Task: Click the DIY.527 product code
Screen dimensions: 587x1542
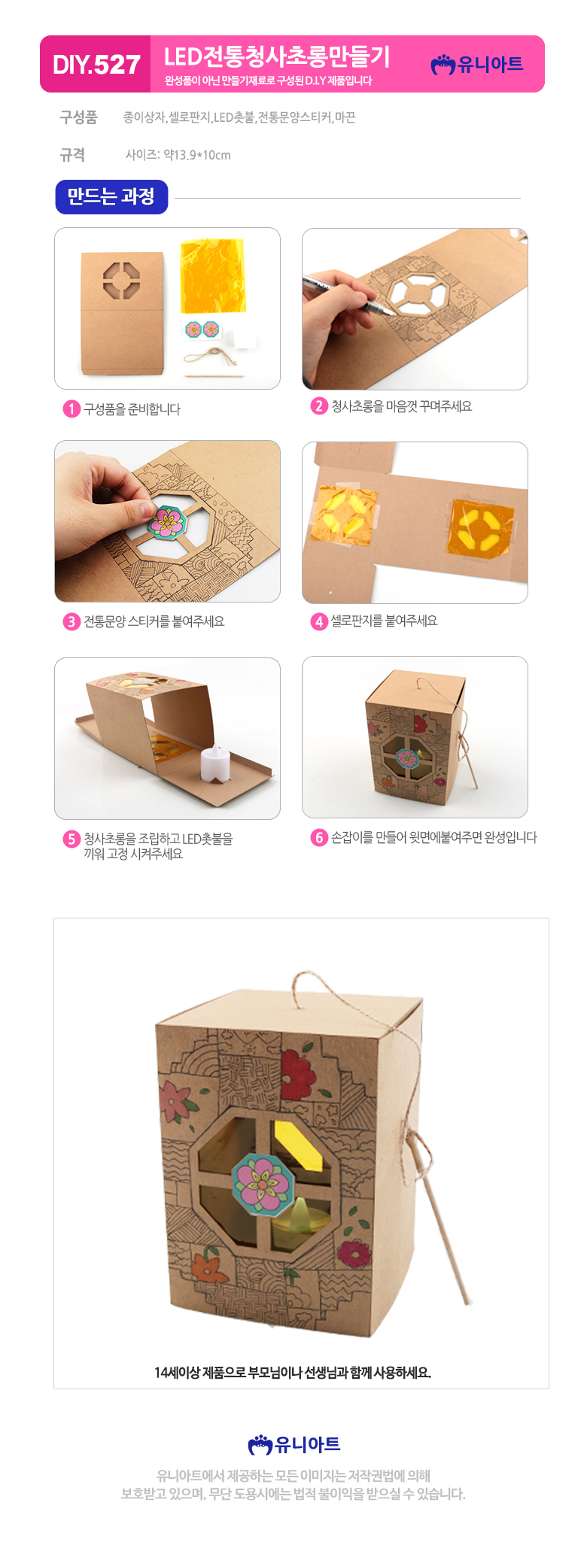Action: click(x=96, y=65)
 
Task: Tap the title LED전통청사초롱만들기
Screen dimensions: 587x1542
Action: click(x=277, y=56)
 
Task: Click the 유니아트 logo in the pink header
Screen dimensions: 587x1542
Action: click(x=477, y=65)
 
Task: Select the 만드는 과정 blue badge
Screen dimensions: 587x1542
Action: click(x=111, y=197)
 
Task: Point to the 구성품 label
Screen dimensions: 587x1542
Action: click(x=79, y=117)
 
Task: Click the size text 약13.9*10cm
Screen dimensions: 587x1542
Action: click(x=197, y=155)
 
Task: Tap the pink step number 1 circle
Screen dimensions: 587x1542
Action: click(x=71, y=409)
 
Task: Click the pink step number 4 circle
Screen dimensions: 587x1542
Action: click(x=319, y=621)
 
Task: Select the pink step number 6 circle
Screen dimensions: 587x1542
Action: click(x=319, y=838)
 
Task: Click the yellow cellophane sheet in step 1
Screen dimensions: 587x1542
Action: click(x=213, y=277)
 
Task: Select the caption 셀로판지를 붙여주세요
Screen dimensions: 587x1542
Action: click(x=384, y=621)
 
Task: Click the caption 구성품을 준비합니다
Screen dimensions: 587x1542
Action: click(x=132, y=409)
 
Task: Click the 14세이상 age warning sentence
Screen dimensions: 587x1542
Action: click(x=293, y=1373)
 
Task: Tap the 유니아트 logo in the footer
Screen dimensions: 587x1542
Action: click(x=294, y=1444)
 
